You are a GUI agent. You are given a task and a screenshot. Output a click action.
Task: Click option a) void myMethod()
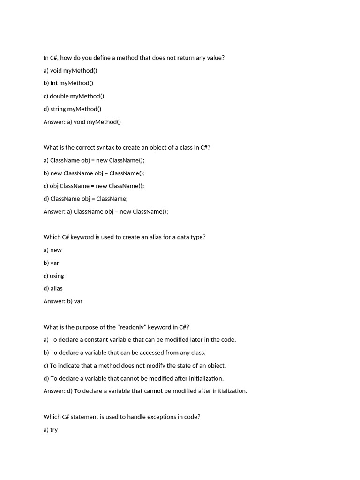[70, 70]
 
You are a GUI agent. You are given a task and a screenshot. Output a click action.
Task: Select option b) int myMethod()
[68, 83]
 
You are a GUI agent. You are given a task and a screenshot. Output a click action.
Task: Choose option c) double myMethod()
[74, 96]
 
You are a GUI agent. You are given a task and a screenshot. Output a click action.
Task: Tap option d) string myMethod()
[72, 109]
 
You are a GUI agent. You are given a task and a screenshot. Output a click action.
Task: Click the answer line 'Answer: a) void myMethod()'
[82, 122]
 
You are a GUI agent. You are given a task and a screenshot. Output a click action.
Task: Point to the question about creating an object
[127, 147]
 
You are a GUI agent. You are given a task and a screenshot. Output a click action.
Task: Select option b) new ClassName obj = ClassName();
[94, 173]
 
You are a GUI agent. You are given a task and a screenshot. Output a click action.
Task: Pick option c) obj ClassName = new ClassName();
[94, 186]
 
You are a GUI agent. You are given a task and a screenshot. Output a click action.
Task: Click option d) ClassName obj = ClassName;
[85, 198]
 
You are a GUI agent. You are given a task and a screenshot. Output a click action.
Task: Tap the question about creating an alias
[124, 237]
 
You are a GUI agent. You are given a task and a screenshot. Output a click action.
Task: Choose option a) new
[52, 250]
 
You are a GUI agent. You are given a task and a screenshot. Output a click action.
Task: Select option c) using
[54, 276]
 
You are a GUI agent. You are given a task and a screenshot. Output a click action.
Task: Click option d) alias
[53, 288]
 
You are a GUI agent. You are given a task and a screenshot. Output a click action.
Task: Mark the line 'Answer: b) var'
[63, 301]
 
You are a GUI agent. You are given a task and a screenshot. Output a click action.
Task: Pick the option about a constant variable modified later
[140, 339]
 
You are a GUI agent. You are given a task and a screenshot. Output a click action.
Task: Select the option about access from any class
[124, 352]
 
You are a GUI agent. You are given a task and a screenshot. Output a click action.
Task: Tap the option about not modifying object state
[135, 365]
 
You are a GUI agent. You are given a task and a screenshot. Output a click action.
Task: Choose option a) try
[51, 429]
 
